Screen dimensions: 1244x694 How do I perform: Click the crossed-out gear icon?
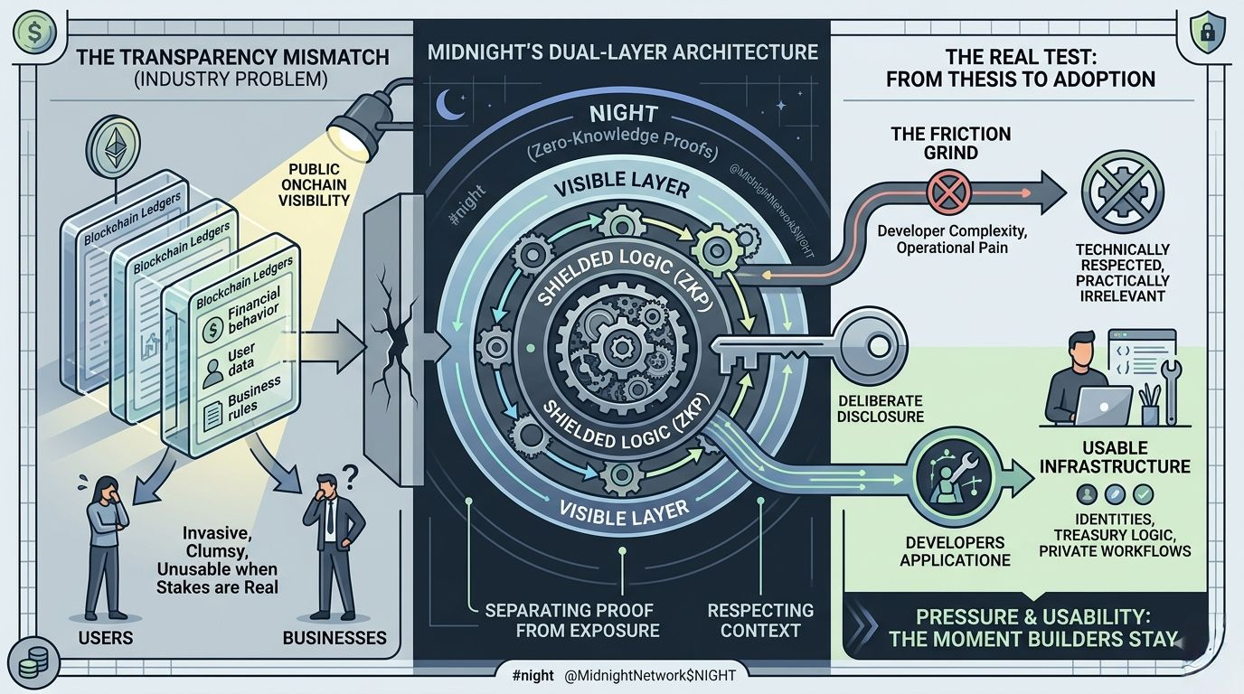coord(1122,192)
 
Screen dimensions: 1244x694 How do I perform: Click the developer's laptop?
coord(1100,405)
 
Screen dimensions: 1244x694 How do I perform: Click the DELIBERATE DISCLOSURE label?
coord(880,408)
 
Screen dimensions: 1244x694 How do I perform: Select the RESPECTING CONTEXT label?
coord(759,620)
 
